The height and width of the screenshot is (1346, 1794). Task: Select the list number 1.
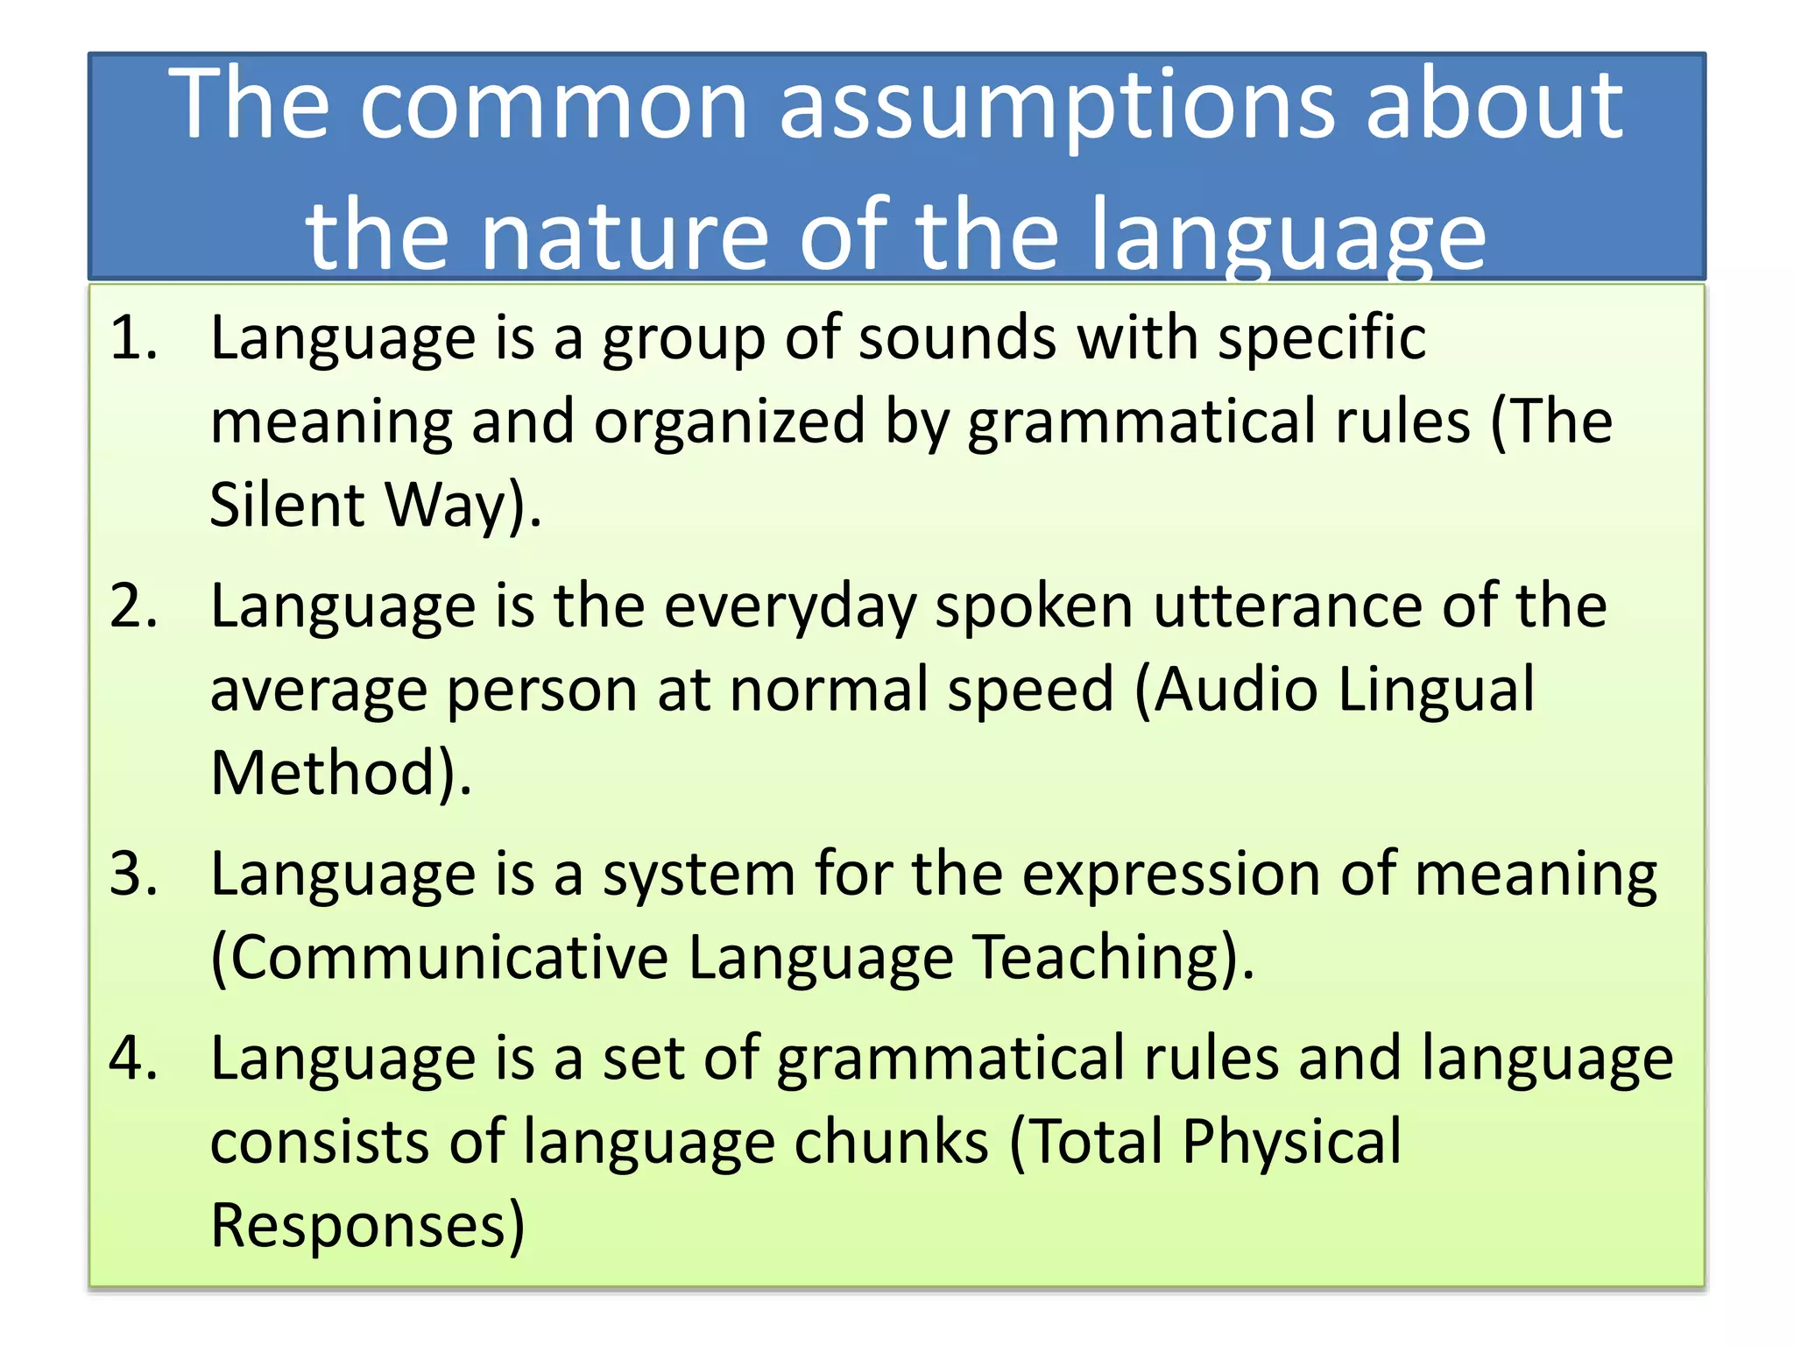(133, 338)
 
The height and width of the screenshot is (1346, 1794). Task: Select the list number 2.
(133, 606)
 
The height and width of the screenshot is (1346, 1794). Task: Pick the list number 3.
(133, 875)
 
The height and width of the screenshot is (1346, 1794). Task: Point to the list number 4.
(133, 1059)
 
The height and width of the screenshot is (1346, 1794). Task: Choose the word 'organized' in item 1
(729, 422)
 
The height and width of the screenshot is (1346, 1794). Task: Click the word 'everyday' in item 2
(790, 606)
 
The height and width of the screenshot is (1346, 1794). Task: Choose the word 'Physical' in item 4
(1291, 1143)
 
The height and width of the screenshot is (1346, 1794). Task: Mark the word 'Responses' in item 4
(359, 1226)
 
